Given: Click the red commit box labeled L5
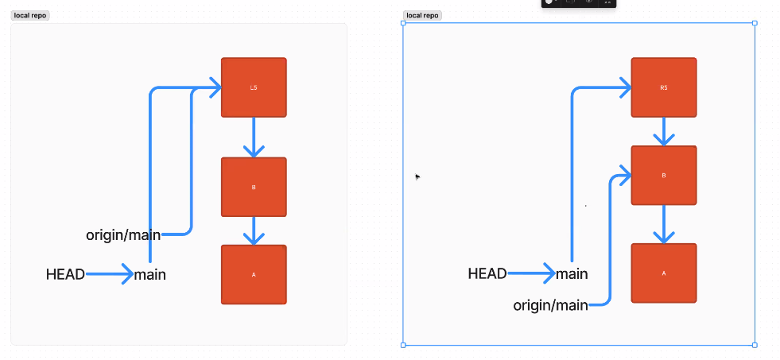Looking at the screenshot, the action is tap(254, 87).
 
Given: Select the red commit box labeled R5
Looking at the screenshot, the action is tap(664, 87).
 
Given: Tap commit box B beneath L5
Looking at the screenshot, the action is tap(254, 188).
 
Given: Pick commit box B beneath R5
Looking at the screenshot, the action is tap(664, 176).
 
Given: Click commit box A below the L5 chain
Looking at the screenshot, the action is tap(254, 275).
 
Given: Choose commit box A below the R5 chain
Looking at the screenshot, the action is tap(664, 273).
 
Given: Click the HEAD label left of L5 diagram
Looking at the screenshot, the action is tap(65, 275).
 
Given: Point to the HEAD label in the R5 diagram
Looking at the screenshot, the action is tap(487, 274).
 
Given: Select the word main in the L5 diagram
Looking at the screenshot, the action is tap(150, 275).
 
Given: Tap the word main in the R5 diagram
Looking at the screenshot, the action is tap(572, 274).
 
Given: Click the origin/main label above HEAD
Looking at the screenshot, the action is tap(123, 234).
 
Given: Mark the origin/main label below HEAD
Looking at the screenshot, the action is tap(550, 304).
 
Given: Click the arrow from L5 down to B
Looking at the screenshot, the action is tap(254, 138).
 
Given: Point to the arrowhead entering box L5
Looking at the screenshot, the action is tap(215, 87).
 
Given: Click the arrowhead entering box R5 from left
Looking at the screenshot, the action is tap(625, 87).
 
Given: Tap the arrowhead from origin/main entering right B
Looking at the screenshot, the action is tap(625, 176).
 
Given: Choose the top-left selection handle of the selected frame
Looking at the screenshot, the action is tap(403, 23).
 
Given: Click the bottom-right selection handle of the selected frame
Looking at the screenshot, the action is tap(755, 345).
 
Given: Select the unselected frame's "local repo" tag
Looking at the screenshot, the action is tap(29, 15).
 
